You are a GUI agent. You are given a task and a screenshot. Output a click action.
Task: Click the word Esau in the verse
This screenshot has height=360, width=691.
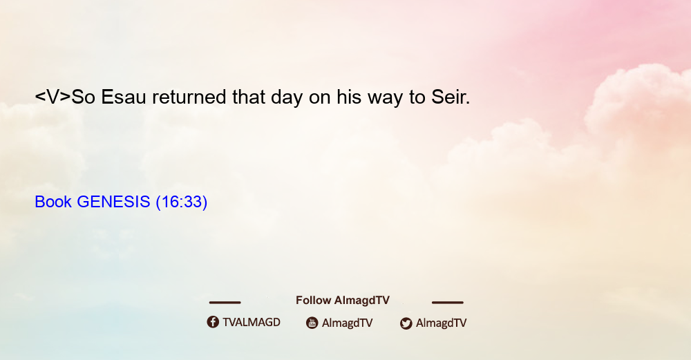[x=124, y=97]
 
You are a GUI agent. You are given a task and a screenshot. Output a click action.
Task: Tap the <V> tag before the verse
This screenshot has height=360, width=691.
[x=53, y=97]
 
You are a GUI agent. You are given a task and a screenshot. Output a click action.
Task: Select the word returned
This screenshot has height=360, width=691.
[x=189, y=97]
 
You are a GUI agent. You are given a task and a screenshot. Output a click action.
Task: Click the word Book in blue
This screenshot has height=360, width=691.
[x=53, y=202]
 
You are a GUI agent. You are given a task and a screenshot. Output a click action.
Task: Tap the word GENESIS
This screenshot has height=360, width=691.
[x=114, y=202]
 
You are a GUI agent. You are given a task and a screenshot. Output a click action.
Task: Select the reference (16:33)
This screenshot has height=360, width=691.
[x=182, y=202]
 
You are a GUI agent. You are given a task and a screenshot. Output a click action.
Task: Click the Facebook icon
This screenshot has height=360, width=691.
[x=213, y=322]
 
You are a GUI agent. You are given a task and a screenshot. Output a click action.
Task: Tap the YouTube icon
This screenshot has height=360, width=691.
[x=312, y=323]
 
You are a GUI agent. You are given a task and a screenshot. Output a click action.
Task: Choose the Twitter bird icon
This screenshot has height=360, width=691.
[x=406, y=323]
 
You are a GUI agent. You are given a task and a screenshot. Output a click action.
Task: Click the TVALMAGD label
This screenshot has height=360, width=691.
[x=252, y=322]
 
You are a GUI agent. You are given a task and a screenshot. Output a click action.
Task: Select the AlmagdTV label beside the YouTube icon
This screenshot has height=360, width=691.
[x=348, y=323]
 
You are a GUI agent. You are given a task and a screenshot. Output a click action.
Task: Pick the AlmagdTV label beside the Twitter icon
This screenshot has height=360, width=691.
[x=441, y=323]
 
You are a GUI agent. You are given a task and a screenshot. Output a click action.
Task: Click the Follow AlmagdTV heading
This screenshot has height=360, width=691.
[x=343, y=301]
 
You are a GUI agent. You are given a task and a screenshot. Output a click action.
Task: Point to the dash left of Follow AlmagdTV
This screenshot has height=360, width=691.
[x=225, y=302]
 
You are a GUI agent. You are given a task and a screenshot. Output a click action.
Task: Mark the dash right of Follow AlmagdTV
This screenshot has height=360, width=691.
[x=448, y=302]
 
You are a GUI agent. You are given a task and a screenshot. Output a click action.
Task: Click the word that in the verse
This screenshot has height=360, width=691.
[x=249, y=97]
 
